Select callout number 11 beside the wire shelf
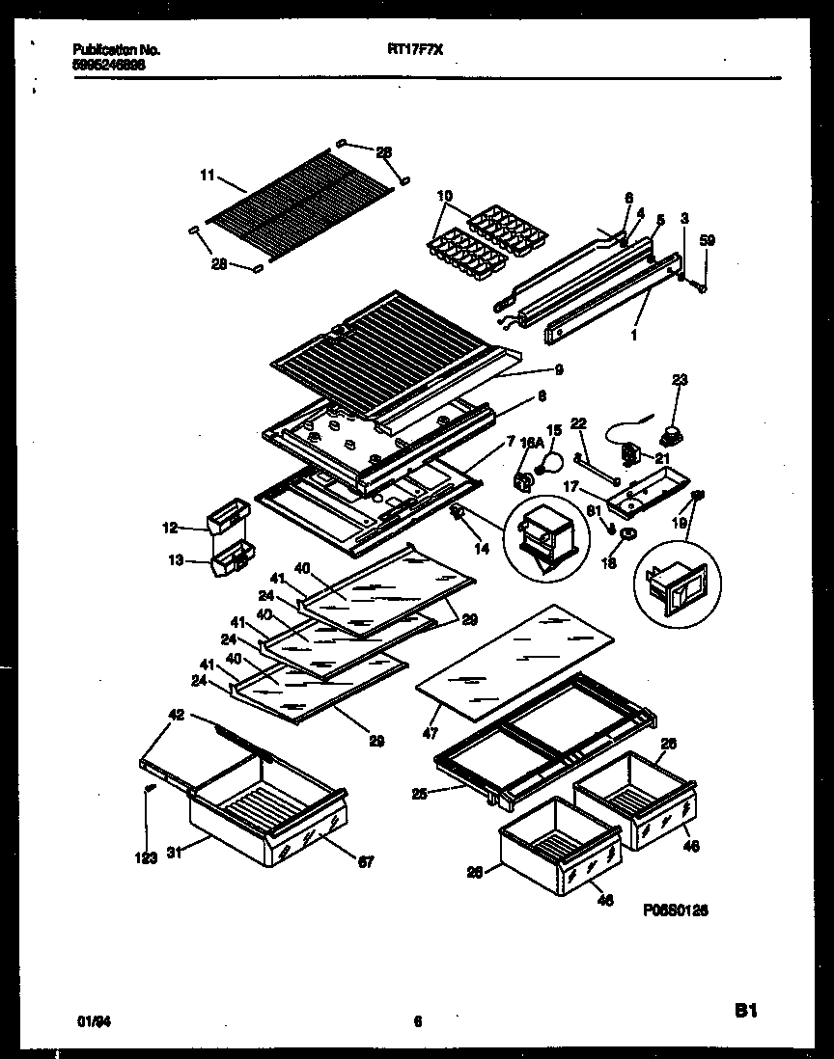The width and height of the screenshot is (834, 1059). [x=206, y=175]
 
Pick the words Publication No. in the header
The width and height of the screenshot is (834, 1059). [x=116, y=49]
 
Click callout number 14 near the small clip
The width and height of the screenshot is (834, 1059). [x=483, y=548]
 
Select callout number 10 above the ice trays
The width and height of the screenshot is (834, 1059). [x=444, y=197]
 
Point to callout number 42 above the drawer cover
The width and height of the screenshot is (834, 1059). [x=175, y=716]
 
